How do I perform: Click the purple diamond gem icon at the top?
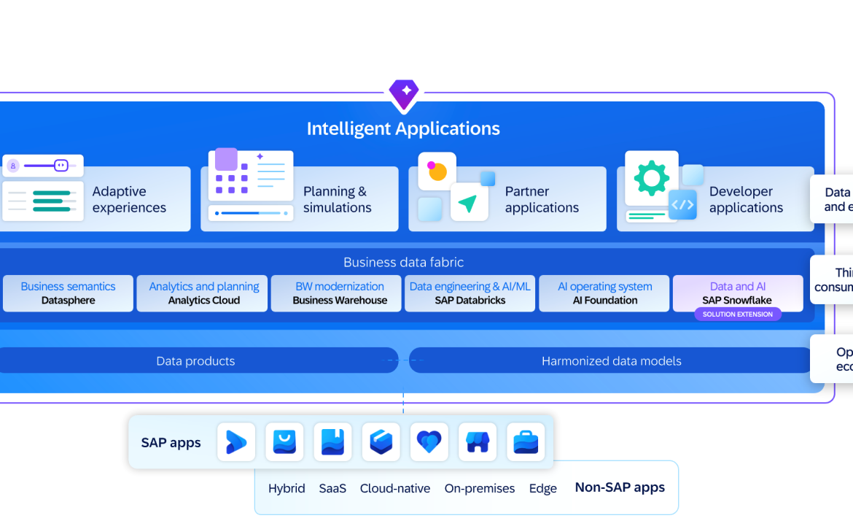click(x=403, y=95)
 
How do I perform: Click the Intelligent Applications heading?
click(x=403, y=129)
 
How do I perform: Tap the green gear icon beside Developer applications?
click(x=651, y=177)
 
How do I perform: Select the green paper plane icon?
click(x=469, y=202)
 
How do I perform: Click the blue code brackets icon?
click(x=682, y=205)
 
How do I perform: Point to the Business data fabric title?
click(x=403, y=262)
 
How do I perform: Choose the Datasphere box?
click(x=68, y=293)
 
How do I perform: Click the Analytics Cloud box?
click(x=203, y=293)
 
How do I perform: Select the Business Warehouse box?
click(x=340, y=293)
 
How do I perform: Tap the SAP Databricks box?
click(x=470, y=293)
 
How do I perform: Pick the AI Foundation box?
click(x=605, y=293)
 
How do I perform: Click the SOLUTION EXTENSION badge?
click(x=738, y=314)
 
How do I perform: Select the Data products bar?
click(x=195, y=360)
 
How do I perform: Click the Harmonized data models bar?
click(x=611, y=360)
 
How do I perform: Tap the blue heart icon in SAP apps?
click(x=429, y=441)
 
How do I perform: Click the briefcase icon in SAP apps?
click(x=526, y=441)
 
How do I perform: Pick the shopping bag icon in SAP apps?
click(x=284, y=441)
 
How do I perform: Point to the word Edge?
click(x=542, y=488)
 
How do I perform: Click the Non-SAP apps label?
click(x=620, y=487)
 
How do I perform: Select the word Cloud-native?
click(x=395, y=488)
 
